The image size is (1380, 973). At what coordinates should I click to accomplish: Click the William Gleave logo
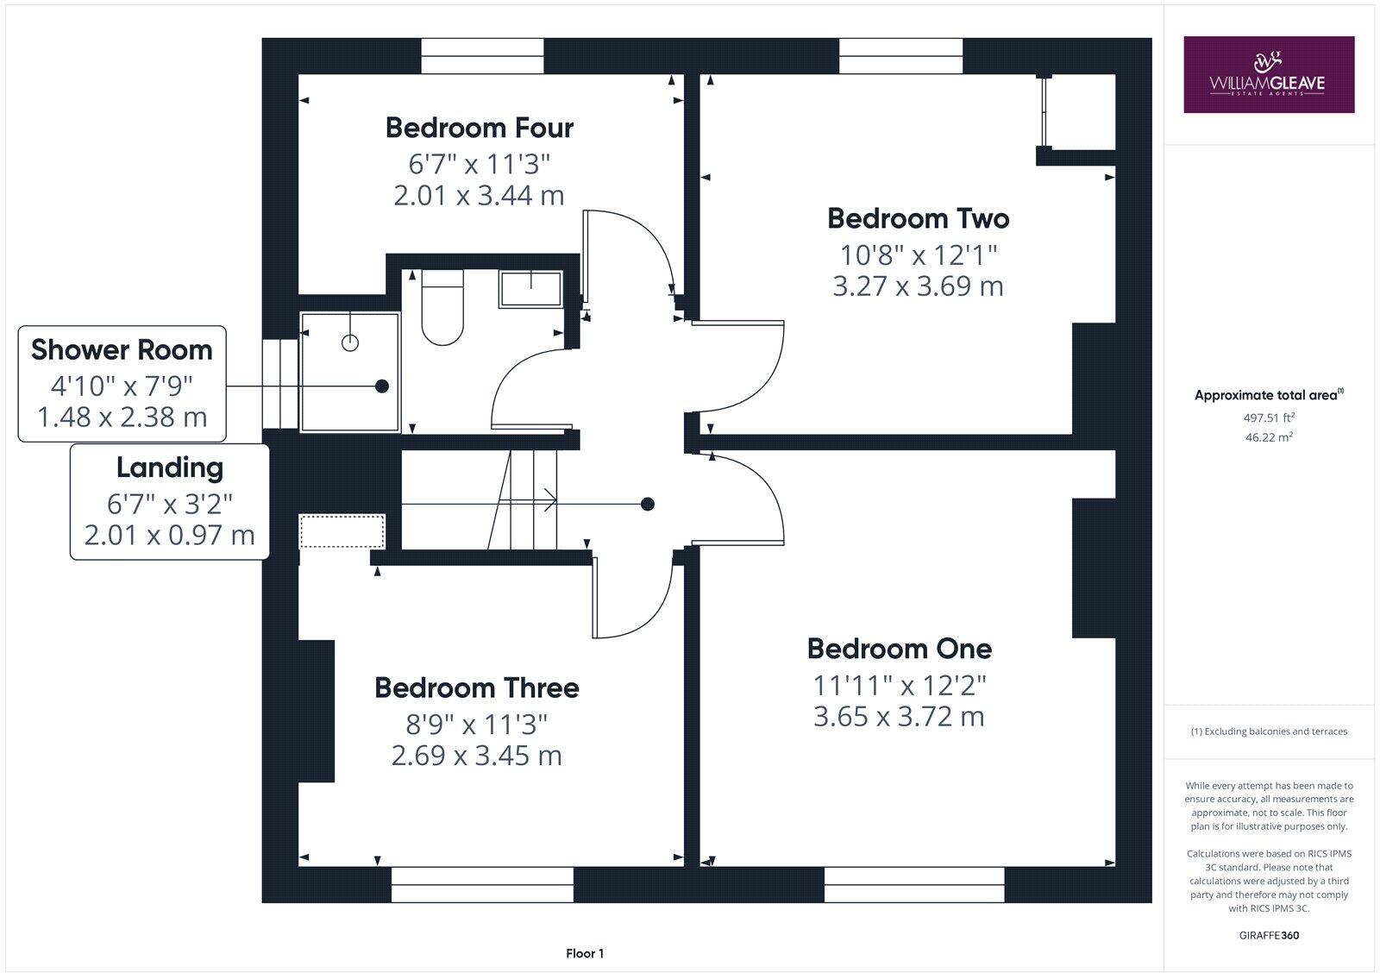pyautogui.click(x=1268, y=74)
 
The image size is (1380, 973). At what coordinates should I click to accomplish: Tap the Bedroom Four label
pyautogui.click(x=479, y=128)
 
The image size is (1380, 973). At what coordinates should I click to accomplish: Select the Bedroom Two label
pyautogui.click(x=918, y=218)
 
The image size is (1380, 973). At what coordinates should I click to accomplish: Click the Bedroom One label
pyautogui.click(x=899, y=648)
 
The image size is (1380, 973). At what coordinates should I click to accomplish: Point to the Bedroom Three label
pyautogui.click(x=476, y=687)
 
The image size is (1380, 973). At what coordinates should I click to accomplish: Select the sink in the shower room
pyautogui.click(x=530, y=288)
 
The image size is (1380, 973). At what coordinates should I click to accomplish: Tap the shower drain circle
pyautogui.click(x=350, y=342)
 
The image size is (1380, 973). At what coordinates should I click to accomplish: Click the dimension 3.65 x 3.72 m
pyautogui.click(x=899, y=716)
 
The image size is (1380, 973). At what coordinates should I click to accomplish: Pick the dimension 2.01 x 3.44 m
pyautogui.click(x=479, y=195)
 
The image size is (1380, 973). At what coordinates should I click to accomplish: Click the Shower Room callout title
pyautogui.click(x=122, y=349)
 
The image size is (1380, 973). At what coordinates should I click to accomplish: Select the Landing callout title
pyautogui.click(x=169, y=468)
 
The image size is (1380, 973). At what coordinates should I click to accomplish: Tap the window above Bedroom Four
pyautogui.click(x=482, y=57)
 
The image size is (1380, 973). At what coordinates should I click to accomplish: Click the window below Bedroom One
pyautogui.click(x=914, y=884)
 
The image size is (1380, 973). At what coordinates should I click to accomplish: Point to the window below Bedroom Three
pyautogui.click(x=482, y=884)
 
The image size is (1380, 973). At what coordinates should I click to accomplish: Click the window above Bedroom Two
pyautogui.click(x=901, y=57)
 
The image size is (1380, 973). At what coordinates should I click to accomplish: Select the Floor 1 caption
pyautogui.click(x=585, y=953)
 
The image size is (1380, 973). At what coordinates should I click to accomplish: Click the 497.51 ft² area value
pyautogui.click(x=1268, y=417)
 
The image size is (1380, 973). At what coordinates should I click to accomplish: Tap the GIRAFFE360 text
pyautogui.click(x=1268, y=935)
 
